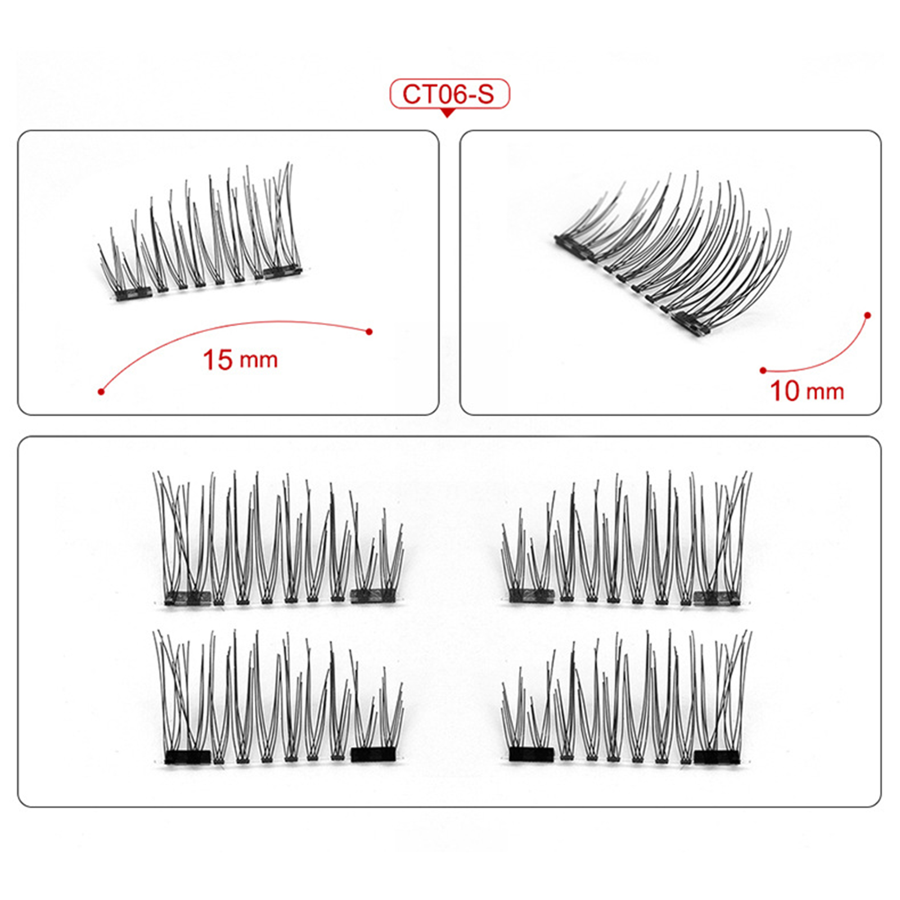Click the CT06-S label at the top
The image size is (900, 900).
pyautogui.click(x=448, y=94)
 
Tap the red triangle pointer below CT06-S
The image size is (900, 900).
pyautogui.click(x=447, y=114)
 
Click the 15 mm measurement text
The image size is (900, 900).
pyautogui.click(x=240, y=360)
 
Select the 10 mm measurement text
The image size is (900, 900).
pyautogui.click(x=807, y=391)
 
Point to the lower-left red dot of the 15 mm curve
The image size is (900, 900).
pyautogui.click(x=101, y=391)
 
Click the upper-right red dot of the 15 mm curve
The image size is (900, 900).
pyautogui.click(x=369, y=332)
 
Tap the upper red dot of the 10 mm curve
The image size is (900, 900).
pyautogui.click(x=868, y=316)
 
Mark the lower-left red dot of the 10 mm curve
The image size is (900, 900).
pyautogui.click(x=763, y=370)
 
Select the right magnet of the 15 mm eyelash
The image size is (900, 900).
pyautogui.click(x=283, y=272)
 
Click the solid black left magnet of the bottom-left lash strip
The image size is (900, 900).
pyautogui.click(x=188, y=757)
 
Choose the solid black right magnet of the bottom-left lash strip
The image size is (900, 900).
pyautogui.click(x=373, y=755)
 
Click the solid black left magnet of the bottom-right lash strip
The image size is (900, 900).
pyautogui.click(x=532, y=755)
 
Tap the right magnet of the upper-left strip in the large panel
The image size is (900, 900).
pyautogui.click(x=373, y=596)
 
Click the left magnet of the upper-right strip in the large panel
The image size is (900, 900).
pyautogui.click(x=532, y=596)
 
